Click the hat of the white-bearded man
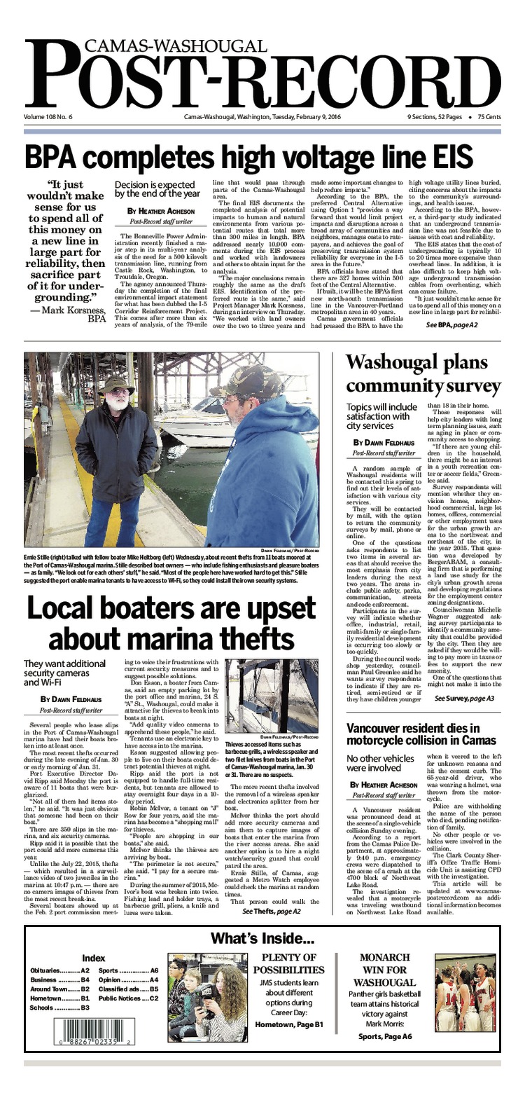point(117,383)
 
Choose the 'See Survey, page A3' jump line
point(464,699)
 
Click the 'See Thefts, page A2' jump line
point(272,911)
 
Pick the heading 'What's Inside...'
point(262,939)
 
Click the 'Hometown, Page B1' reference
point(289,1025)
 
